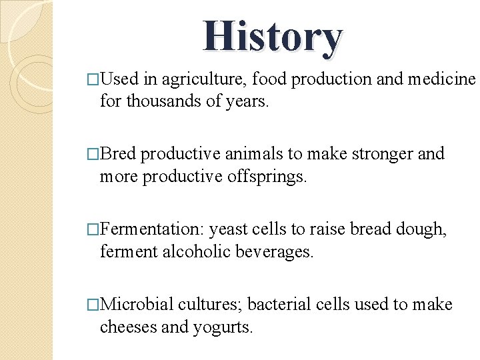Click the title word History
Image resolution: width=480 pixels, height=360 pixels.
point(273,37)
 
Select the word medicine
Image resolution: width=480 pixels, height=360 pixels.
point(441,79)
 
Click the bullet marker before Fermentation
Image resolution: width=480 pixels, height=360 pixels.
point(93,230)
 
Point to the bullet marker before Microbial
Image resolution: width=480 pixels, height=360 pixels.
point(93,305)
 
